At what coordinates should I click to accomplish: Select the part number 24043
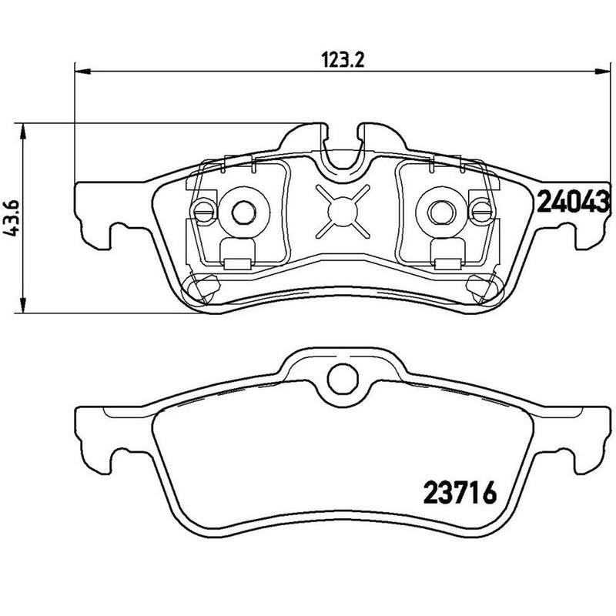[572, 202]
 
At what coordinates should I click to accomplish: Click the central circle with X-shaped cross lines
[338, 209]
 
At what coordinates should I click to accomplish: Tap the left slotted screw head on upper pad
[203, 209]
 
